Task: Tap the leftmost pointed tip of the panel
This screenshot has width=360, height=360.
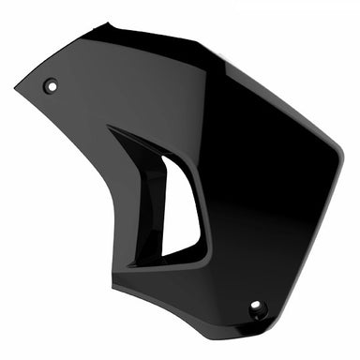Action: click(16, 89)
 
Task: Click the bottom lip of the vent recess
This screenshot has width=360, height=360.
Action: click(183, 258)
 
